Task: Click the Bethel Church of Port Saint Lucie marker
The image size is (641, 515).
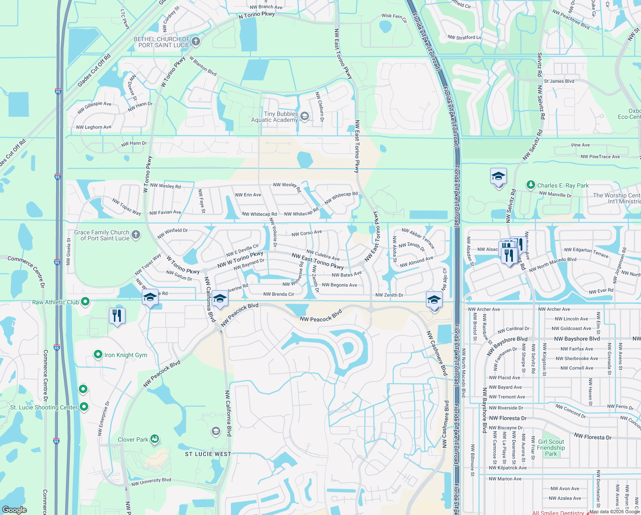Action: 196,42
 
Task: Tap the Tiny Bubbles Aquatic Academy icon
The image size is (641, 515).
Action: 305,116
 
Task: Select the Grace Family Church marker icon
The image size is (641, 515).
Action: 136,234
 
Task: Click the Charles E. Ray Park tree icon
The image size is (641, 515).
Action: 531,185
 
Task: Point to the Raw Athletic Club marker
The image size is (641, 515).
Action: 85,302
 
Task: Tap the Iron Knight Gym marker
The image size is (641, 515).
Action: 98,354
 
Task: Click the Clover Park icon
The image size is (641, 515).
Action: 155,439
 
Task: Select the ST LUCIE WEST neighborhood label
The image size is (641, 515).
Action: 208,454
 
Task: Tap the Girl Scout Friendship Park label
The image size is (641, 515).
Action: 551,448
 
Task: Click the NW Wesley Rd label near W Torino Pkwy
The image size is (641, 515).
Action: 165,186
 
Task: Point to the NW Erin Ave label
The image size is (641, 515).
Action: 248,195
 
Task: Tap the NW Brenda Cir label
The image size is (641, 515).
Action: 279,294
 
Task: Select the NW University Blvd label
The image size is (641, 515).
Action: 151,482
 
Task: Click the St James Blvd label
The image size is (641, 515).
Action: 559,81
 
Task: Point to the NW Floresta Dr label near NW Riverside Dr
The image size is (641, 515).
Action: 508,418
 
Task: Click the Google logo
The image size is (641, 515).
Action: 15,509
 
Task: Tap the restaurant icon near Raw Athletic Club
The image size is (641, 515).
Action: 117,316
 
